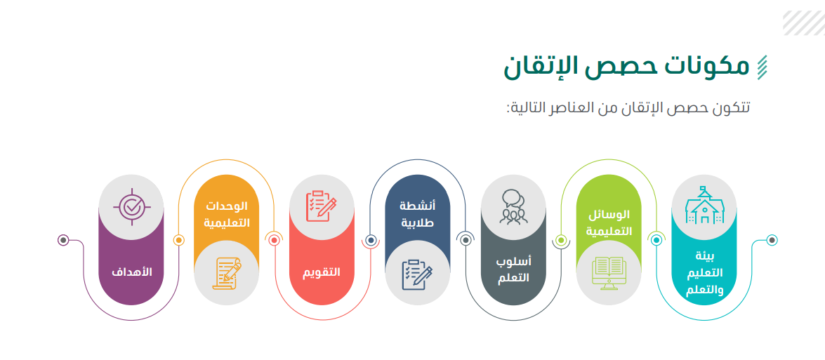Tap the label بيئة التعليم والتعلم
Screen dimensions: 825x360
(704, 273)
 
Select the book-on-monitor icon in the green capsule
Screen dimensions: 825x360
(609, 273)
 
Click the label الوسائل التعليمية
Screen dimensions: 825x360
(609, 223)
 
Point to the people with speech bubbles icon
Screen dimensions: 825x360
(513, 206)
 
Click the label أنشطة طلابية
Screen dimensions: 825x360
(418, 213)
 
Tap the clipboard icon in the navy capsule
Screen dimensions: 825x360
(417, 274)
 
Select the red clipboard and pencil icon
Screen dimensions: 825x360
(322, 206)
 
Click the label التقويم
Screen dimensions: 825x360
(322, 272)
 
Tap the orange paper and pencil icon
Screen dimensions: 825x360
(227, 273)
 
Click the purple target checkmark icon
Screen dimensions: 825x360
(131, 206)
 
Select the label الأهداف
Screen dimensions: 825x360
(131, 272)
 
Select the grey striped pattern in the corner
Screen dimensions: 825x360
(803, 23)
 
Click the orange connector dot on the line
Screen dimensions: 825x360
(179, 240)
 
